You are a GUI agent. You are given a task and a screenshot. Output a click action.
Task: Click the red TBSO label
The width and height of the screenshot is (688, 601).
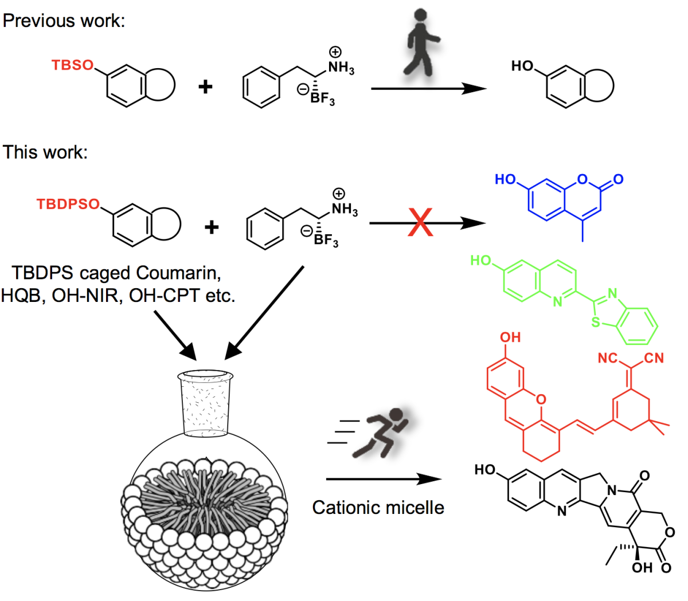pos(72,65)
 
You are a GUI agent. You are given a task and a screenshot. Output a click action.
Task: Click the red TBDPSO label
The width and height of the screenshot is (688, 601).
pos(68,205)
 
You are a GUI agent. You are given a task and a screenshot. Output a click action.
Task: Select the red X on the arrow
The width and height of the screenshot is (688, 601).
pos(420,223)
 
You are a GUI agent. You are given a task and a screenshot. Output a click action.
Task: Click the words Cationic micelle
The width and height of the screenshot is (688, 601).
pos(378,508)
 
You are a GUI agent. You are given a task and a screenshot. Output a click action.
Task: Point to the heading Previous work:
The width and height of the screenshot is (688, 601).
pos(64,21)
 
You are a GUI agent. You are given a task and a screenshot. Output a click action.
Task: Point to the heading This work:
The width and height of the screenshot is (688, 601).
pos(45,152)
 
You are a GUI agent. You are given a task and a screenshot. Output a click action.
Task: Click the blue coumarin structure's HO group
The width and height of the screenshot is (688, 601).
pos(506,179)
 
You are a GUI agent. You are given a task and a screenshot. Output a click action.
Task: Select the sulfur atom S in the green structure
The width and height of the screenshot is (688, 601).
pos(596,323)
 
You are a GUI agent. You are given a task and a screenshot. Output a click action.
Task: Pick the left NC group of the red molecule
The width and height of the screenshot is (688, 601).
pos(608,359)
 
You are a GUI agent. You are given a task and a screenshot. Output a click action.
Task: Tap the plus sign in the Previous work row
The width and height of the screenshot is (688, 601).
pos(205,87)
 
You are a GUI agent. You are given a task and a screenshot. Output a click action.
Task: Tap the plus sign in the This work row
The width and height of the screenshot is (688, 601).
pos(212,227)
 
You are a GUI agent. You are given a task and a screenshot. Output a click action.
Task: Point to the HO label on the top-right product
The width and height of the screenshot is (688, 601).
pos(522,66)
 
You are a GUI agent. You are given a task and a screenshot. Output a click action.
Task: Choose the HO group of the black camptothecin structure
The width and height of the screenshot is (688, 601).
pos(485,470)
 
